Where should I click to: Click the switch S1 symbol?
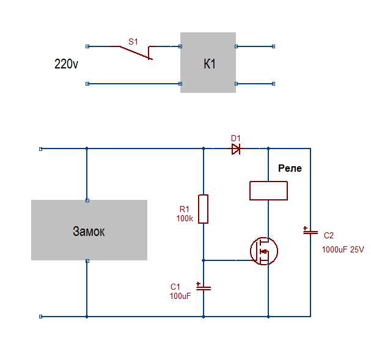[136, 53]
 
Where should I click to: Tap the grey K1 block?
[208, 62]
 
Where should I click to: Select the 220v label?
[66, 64]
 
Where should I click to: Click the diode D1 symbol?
[236, 149]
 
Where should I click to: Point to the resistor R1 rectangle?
[204, 209]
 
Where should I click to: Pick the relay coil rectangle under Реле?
[268, 191]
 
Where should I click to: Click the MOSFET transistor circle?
[264, 251]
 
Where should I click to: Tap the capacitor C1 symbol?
[204, 287]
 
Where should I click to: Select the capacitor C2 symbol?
[310, 232]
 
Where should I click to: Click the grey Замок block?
[89, 230]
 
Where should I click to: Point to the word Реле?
[290, 168]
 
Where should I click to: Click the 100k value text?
[185, 218]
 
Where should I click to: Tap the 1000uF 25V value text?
[343, 249]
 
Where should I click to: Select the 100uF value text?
[180, 296]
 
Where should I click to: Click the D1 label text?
[236, 138]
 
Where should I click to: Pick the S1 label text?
[133, 42]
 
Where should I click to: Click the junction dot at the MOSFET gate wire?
[204, 260]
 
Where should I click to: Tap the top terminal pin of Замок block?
[87, 200]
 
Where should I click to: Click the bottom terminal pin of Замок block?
[87, 261]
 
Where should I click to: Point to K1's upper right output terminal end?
[274, 46]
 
